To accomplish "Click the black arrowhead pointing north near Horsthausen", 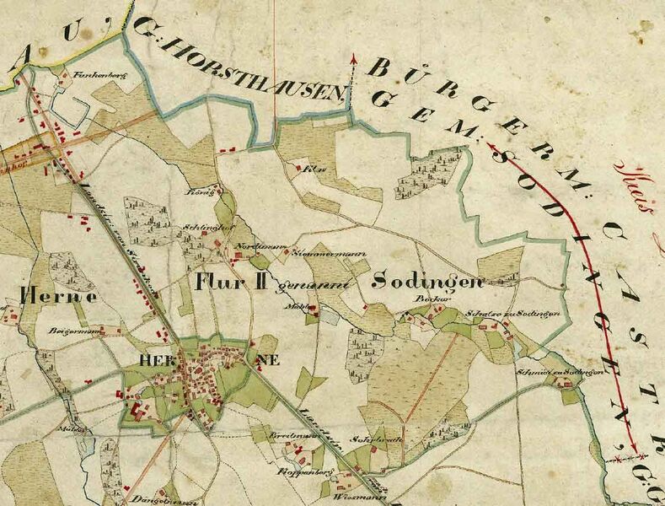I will point(352,60).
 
